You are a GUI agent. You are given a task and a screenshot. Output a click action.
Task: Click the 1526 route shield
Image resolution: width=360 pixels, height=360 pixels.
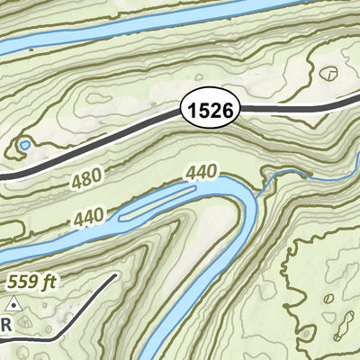212,110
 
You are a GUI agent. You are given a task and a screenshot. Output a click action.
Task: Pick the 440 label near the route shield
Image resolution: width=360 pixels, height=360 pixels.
202,170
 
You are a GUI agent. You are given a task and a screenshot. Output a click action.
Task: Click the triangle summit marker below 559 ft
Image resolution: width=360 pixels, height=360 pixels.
14,306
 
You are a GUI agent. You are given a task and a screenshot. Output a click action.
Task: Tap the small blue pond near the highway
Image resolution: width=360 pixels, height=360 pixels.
25,144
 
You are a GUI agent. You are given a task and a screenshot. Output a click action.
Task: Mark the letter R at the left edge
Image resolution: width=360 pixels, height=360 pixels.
5,324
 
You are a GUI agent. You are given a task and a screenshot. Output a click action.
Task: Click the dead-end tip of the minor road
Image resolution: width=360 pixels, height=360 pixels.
115,274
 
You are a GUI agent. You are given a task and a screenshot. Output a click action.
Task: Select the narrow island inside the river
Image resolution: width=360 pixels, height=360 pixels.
157,203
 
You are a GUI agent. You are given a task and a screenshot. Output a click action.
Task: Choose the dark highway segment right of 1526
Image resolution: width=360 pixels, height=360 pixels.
288,108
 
